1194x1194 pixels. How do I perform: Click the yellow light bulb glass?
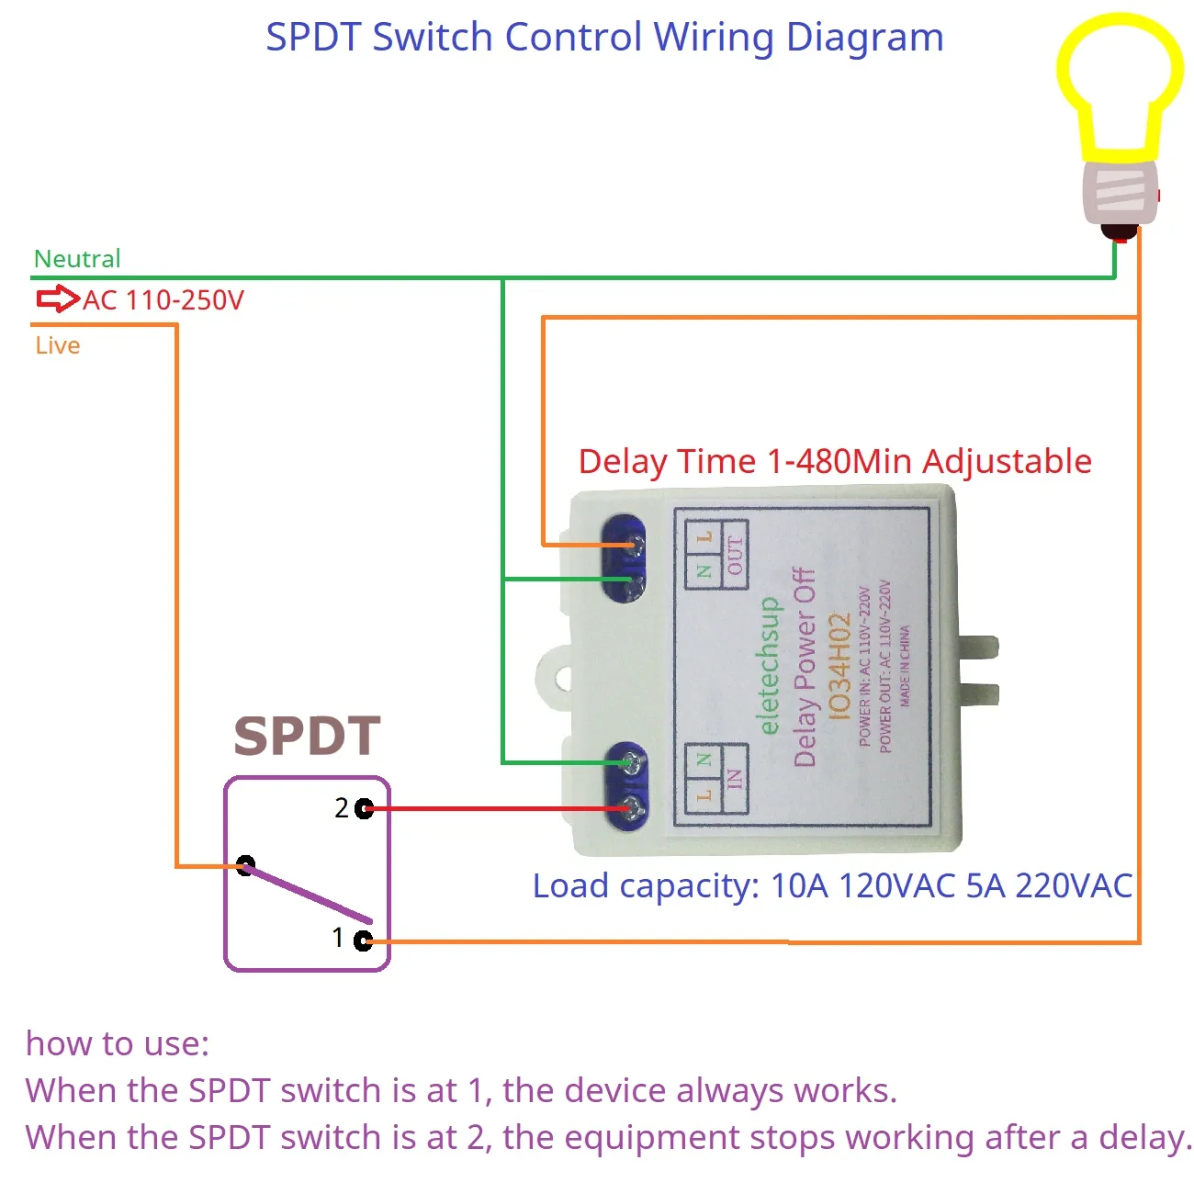(x=1119, y=83)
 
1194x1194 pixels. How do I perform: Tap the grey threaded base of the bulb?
(x=1118, y=193)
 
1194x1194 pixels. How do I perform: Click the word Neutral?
(x=77, y=259)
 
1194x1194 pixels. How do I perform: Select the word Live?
(x=58, y=345)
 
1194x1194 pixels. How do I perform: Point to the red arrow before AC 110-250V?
(x=58, y=298)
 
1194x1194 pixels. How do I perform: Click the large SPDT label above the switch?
(x=307, y=737)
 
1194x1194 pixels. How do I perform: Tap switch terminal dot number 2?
(x=365, y=808)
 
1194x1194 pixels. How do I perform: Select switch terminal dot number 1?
(x=363, y=941)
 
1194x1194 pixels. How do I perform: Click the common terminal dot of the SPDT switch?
(x=245, y=865)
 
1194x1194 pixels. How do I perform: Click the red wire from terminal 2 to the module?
(x=496, y=809)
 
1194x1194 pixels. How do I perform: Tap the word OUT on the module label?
(x=735, y=556)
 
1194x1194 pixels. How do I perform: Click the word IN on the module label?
(x=734, y=780)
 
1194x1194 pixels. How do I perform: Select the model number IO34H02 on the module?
(x=839, y=666)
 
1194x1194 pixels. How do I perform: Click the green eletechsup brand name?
(x=770, y=666)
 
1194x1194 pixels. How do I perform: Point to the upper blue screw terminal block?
(x=625, y=558)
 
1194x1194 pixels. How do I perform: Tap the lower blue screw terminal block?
(x=625, y=786)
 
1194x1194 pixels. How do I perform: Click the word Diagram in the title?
(x=864, y=38)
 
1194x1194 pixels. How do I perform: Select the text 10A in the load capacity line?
(x=800, y=886)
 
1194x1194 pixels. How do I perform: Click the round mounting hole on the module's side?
(x=563, y=680)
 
